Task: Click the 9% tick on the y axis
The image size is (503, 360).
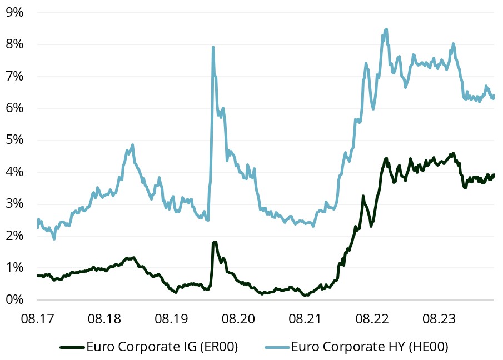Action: click(x=14, y=12)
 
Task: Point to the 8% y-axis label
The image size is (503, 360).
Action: click(x=14, y=44)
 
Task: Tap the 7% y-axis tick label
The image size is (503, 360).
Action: click(x=14, y=76)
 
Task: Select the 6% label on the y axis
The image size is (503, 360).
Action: click(x=14, y=108)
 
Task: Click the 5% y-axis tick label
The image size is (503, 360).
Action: click(x=14, y=140)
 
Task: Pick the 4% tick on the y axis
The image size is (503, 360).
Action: click(x=14, y=172)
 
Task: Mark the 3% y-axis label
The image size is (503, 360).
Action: click(x=14, y=204)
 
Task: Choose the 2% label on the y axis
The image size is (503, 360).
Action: click(x=14, y=236)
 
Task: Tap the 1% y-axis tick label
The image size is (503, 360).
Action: click(x=14, y=268)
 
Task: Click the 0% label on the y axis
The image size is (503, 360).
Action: click(x=14, y=300)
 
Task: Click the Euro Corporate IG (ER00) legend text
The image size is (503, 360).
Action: click(x=162, y=347)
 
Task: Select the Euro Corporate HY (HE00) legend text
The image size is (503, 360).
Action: click(x=369, y=347)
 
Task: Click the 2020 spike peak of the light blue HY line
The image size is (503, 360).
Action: click(x=213, y=47)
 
